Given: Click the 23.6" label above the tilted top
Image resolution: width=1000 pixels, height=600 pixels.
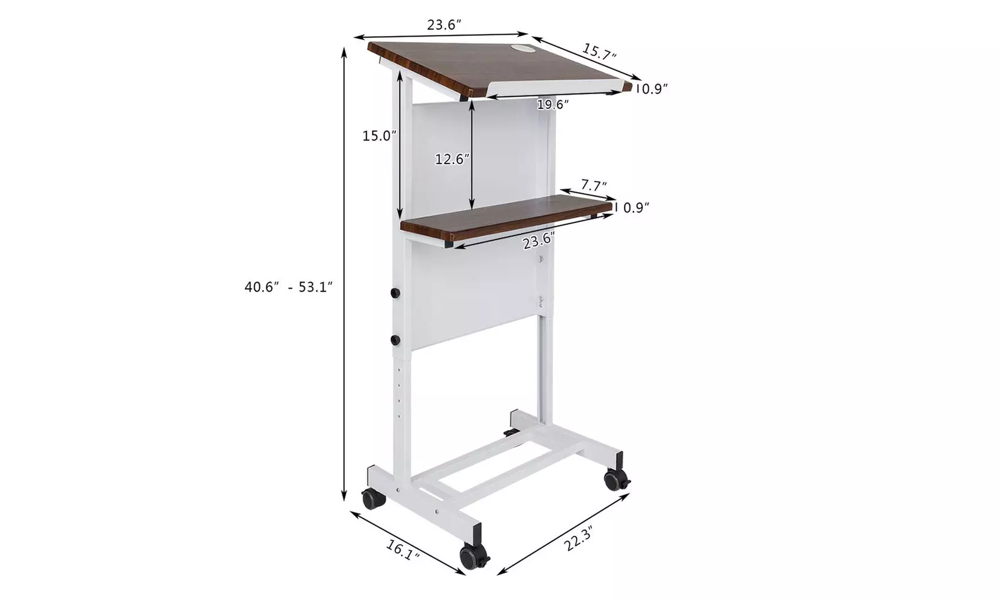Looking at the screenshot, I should pos(443,25).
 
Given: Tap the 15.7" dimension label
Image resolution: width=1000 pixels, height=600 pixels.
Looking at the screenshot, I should pos(599,52).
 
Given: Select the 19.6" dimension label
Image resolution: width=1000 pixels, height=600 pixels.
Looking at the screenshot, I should pos(552,104).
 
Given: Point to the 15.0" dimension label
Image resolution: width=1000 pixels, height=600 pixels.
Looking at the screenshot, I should pos(379,136).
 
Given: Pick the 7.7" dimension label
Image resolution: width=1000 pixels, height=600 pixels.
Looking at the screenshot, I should pos(593,185).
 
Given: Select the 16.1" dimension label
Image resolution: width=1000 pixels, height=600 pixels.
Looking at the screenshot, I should pos(401,549).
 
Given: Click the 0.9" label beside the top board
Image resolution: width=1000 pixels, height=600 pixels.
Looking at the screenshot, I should pos(653,89).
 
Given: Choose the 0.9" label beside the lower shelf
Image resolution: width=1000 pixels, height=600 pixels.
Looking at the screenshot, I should pos(636,208).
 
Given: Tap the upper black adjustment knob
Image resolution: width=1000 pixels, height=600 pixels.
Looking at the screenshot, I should pos(395,293).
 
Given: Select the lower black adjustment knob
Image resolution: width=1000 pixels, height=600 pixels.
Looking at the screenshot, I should pos(395,340).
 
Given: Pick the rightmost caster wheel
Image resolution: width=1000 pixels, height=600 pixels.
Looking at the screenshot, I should pos(616,479).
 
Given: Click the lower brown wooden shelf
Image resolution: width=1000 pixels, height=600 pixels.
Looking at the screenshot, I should pos(504,218).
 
